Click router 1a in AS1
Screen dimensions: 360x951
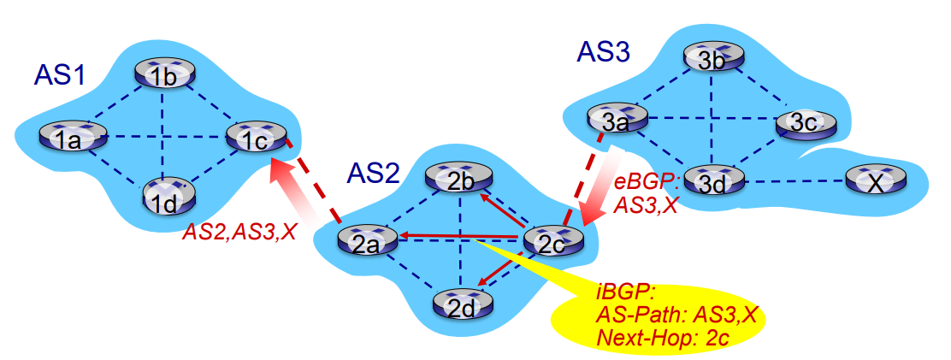73,137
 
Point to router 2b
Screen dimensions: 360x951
458,179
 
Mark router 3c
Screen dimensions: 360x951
805,123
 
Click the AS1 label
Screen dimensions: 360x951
59,75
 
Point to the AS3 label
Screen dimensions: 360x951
604,53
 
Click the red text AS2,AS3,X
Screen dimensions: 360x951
239,232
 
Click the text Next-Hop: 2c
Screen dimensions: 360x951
662,337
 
